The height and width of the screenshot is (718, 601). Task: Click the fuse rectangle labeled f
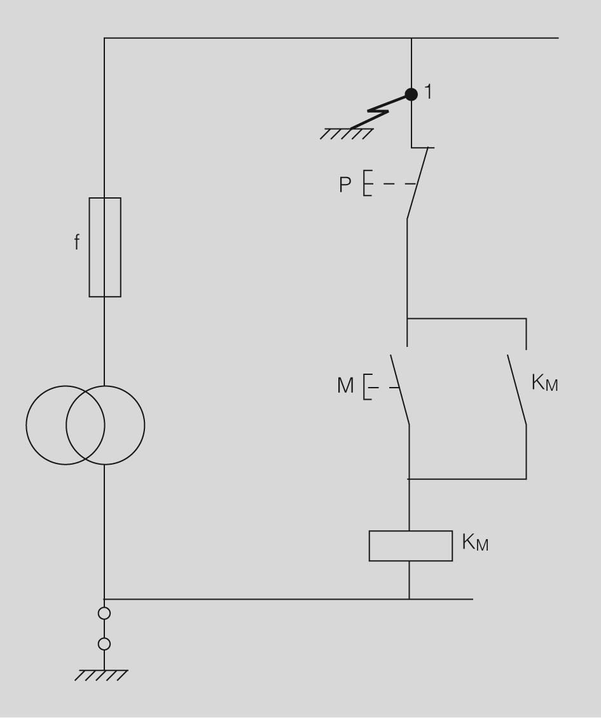105,247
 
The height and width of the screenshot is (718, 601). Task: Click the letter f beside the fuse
78,243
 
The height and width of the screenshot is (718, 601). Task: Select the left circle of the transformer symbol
46,425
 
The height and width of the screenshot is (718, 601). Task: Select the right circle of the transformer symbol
125,425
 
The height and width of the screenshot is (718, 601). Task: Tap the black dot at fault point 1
411,94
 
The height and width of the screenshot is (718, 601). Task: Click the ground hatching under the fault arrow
347,134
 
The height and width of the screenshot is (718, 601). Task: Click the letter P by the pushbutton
345,185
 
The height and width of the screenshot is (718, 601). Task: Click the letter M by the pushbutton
345,386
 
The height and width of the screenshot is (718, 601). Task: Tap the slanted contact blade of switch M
399,389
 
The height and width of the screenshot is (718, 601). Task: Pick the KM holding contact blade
516,389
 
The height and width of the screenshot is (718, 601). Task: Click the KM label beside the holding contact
544,383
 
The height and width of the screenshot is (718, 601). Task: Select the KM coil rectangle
411,546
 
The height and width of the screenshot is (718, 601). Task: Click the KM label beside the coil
475,544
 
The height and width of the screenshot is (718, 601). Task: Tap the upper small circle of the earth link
104,614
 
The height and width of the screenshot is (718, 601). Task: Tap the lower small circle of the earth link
104,644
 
